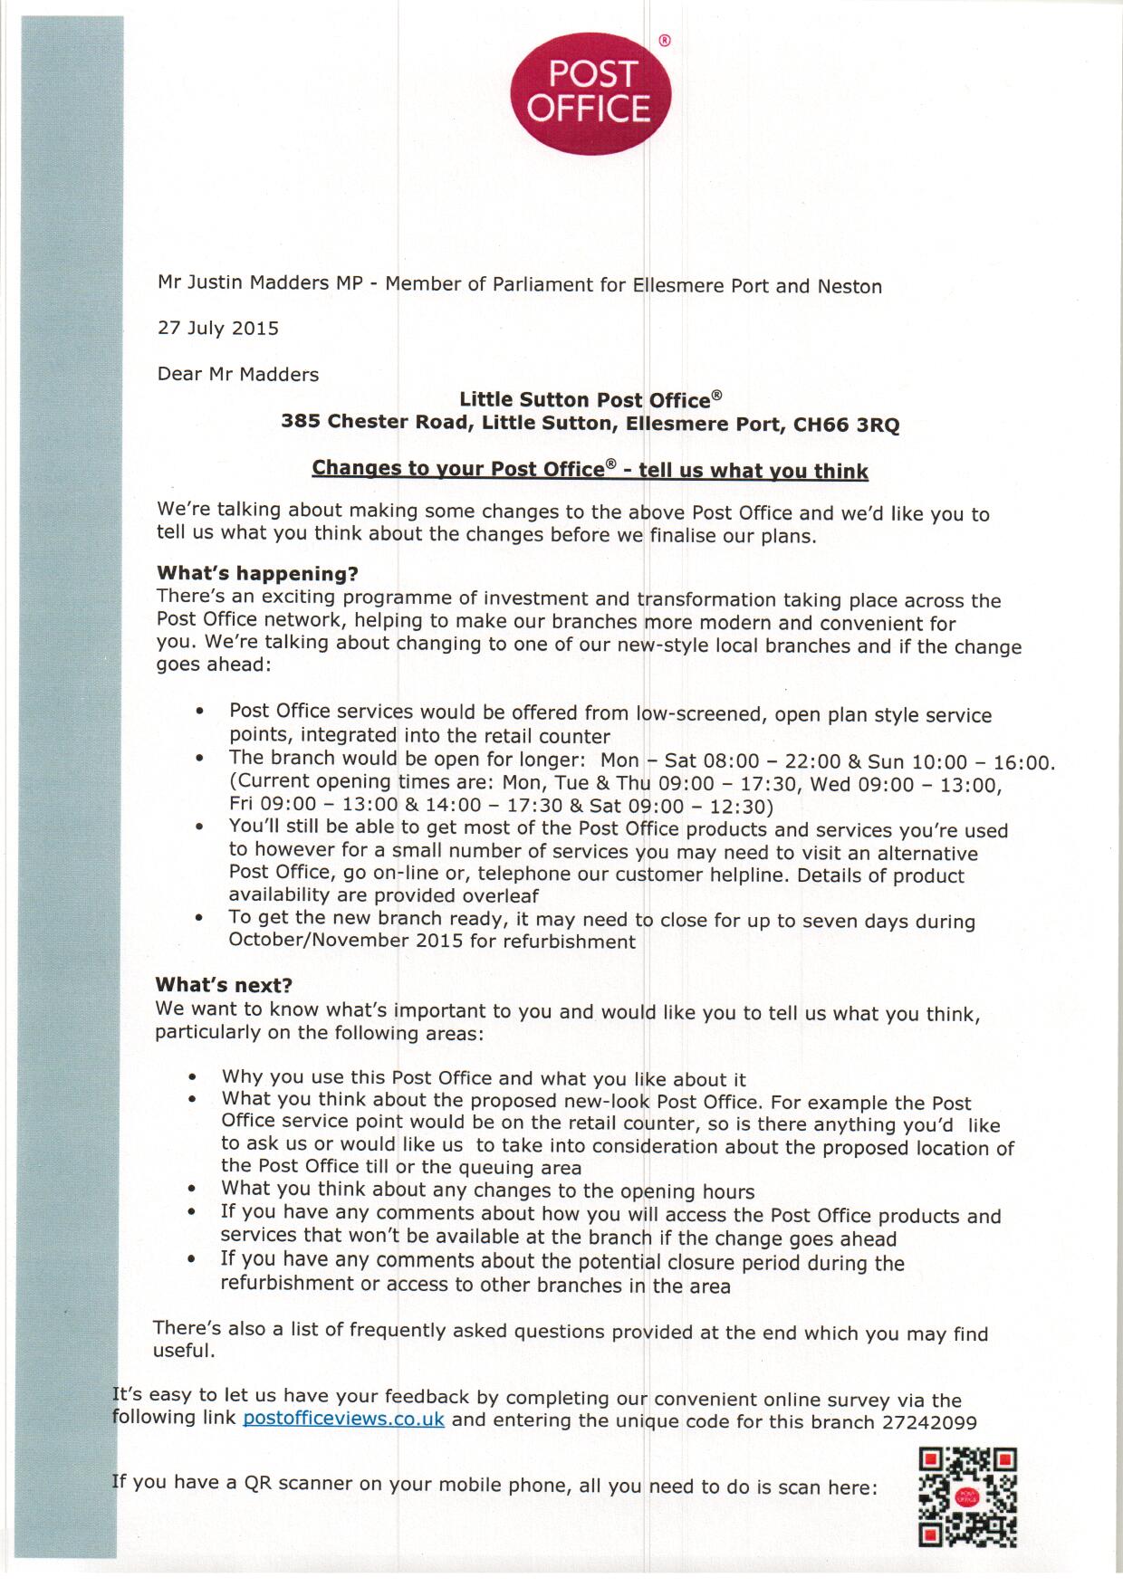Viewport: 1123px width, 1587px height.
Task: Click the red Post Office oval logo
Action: coord(592,92)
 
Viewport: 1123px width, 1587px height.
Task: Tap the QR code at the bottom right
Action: coord(967,1497)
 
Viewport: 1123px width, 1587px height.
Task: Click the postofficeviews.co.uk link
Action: coord(343,1419)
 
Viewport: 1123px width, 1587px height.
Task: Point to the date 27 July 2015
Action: coord(218,328)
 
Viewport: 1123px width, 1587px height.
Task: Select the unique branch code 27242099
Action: coord(928,1422)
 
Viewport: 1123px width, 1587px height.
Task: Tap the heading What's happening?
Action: coord(257,573)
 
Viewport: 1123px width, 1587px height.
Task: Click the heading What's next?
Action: coord(224,985)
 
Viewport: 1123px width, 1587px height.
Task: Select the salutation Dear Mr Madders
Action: coord(238,374)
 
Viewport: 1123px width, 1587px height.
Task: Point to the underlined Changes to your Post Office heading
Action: coord(590,470)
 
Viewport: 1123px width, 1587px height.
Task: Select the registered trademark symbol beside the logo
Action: coord(664,40)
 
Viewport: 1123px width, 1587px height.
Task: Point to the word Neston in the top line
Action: coord(849,287)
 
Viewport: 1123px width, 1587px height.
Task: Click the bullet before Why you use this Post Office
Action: coord(192,1078)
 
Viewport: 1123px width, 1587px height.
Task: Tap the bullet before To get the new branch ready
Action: coord(199,918)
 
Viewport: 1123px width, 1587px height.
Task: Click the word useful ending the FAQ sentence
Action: coord(184,1351)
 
